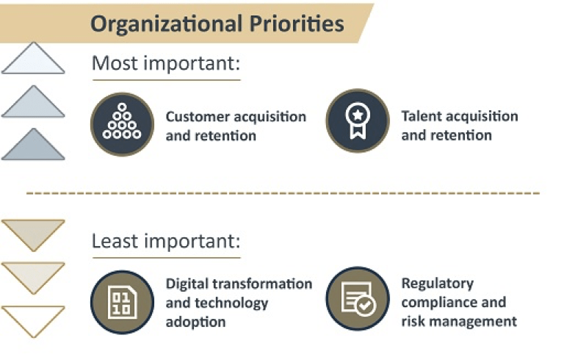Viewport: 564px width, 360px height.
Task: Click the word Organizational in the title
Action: click(x=166, y=24)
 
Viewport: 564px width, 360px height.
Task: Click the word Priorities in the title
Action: click(x=297, y=24)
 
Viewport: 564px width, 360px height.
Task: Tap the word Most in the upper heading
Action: click(x=115, y=63)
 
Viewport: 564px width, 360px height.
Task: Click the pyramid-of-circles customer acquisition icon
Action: click(x=123, y=124)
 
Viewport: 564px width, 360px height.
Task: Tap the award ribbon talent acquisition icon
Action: click(x=358, y=120)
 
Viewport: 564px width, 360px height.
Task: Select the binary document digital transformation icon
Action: click(x=123, y=303)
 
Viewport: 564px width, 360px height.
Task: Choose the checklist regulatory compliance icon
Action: click(x=358, y=298)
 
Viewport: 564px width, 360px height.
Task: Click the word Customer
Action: click(x=198, y=117)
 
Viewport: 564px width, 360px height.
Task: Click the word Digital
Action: click(x=187, y=284)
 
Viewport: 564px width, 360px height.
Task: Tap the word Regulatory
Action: click(x=438, y=284)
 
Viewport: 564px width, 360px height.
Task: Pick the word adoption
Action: click(x=195, y=322)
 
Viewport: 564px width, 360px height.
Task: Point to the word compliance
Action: click(x=439, y=303)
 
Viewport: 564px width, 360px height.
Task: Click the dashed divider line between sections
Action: click(x=283, y=193)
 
